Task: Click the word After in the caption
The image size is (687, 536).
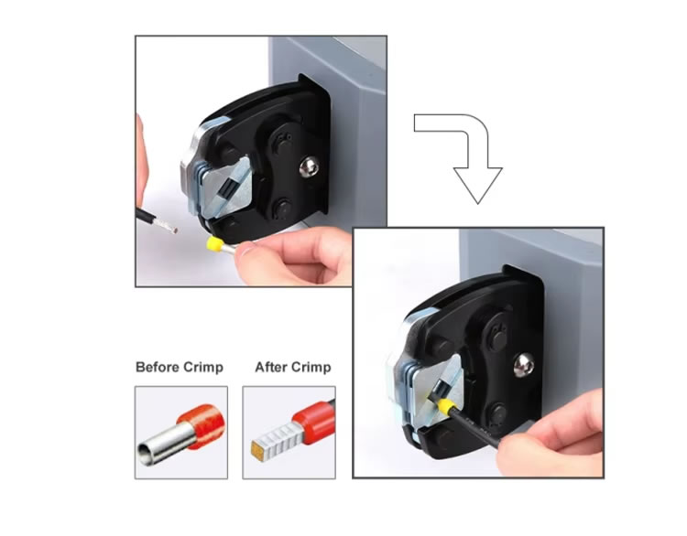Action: [271, 367]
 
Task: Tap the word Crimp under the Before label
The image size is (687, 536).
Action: [203, 368]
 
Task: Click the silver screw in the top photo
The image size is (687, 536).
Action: [309, 167]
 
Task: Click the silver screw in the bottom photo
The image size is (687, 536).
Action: [524, 365]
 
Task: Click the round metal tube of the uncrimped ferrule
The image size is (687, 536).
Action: [164, 445]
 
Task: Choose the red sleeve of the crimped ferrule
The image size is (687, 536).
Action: [313, 417]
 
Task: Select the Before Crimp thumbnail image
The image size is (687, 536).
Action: [181, 433]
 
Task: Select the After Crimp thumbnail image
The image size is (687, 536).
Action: [289, 433]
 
